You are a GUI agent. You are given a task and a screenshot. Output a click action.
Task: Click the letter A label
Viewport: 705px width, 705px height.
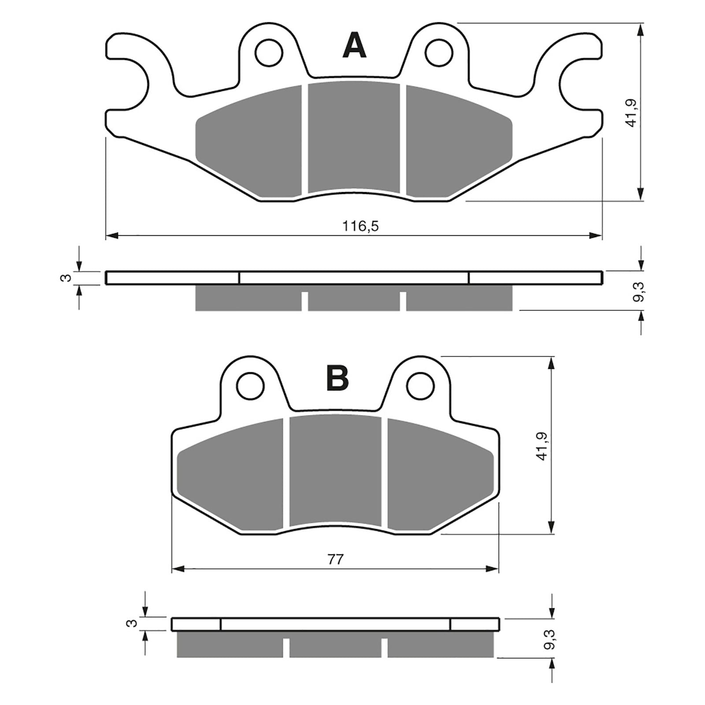pos(354,46)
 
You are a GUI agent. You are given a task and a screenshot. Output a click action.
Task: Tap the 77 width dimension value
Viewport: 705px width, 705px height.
pos(335,560)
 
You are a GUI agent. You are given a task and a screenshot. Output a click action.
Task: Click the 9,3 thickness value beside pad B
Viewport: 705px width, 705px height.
pos(549,639)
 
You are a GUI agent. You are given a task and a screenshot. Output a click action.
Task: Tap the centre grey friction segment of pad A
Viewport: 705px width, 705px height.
pos(354,137)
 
